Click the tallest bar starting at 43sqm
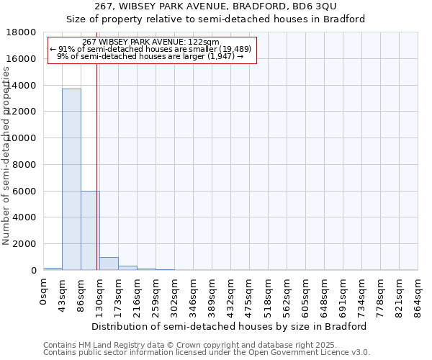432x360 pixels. tap(71, 179)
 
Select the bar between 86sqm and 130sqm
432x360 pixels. tap(89, 230)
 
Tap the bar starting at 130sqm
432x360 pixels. tap(109, 264)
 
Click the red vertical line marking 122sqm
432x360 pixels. tap(96, 144)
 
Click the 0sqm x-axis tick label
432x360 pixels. tap(44, 292)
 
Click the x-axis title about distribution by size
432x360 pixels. tap(230, 326)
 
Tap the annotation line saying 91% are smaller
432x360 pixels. tap(150, 49)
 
